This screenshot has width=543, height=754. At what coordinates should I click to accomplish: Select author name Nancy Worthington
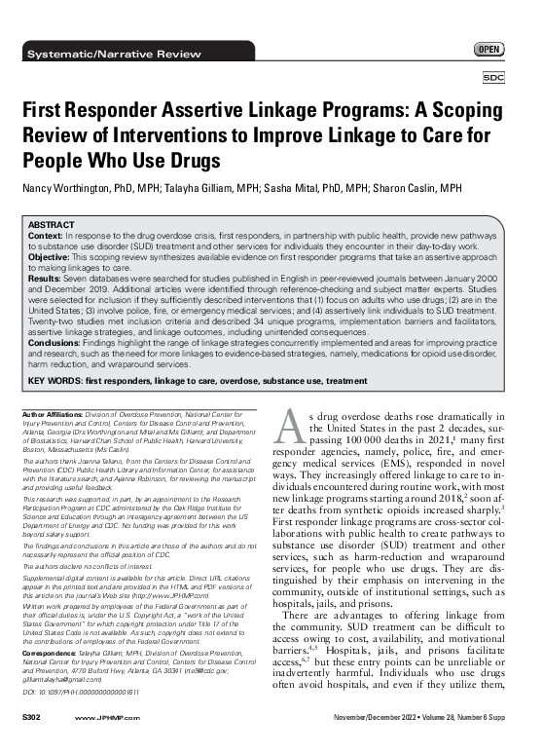(63, 186)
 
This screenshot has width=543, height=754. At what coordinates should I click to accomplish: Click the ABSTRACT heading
(54, 223)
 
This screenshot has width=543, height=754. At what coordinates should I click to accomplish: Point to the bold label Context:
(47, 234)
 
